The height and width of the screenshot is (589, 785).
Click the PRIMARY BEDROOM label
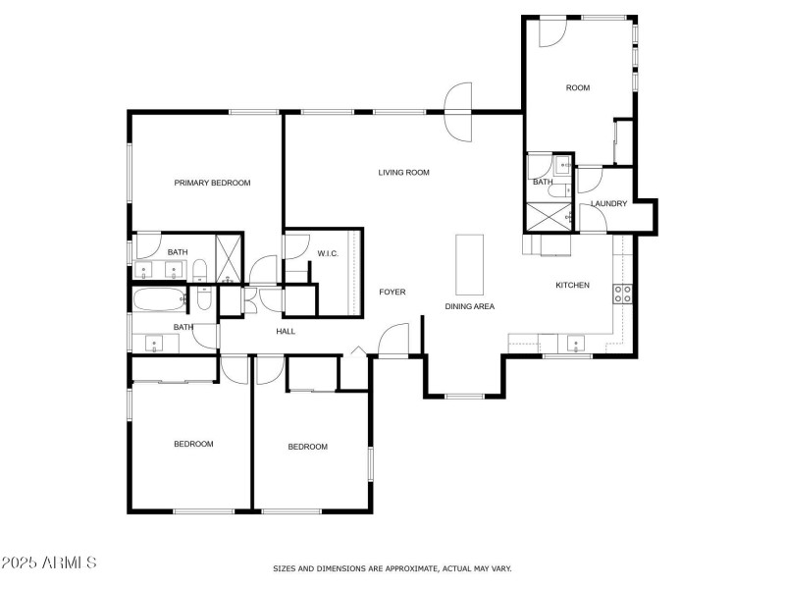212,183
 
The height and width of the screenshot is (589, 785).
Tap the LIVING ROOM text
404,173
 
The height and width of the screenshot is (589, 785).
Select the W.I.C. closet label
328,254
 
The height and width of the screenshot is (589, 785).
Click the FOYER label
392,293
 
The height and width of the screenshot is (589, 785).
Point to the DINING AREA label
470,306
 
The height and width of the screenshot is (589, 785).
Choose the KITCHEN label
573,286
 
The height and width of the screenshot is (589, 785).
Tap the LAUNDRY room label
608,204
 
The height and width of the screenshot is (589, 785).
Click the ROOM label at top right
578,88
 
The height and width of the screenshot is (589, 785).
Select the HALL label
286,331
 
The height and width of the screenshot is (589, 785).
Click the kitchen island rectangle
470,264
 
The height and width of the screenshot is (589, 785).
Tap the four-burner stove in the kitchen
622,293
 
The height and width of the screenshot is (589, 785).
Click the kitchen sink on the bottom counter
576,343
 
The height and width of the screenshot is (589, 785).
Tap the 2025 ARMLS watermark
49,563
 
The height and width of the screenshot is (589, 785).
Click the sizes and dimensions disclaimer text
392,568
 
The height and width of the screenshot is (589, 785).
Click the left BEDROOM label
193,444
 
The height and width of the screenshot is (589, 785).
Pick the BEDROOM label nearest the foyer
307,447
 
